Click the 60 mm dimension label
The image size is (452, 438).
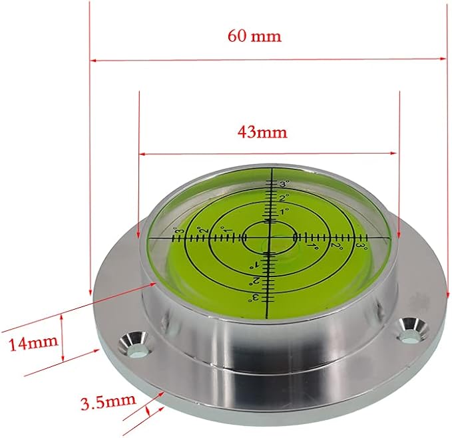(x=254, y=36)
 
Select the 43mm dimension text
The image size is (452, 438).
(x=262, y=132)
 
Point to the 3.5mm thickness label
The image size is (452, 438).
(x=108, y=401)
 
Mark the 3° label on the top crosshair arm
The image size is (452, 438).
(x=284, y=184)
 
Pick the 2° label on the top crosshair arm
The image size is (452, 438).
(x=284, y=198)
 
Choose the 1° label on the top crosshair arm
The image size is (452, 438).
(x=284, y=211)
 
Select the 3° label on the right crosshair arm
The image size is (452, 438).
(x=361, y=245)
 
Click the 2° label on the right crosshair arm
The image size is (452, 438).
(x=336, y=247)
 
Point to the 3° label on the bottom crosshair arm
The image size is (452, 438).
(x=255, y=297)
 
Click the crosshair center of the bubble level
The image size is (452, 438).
(x=270, y=236)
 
